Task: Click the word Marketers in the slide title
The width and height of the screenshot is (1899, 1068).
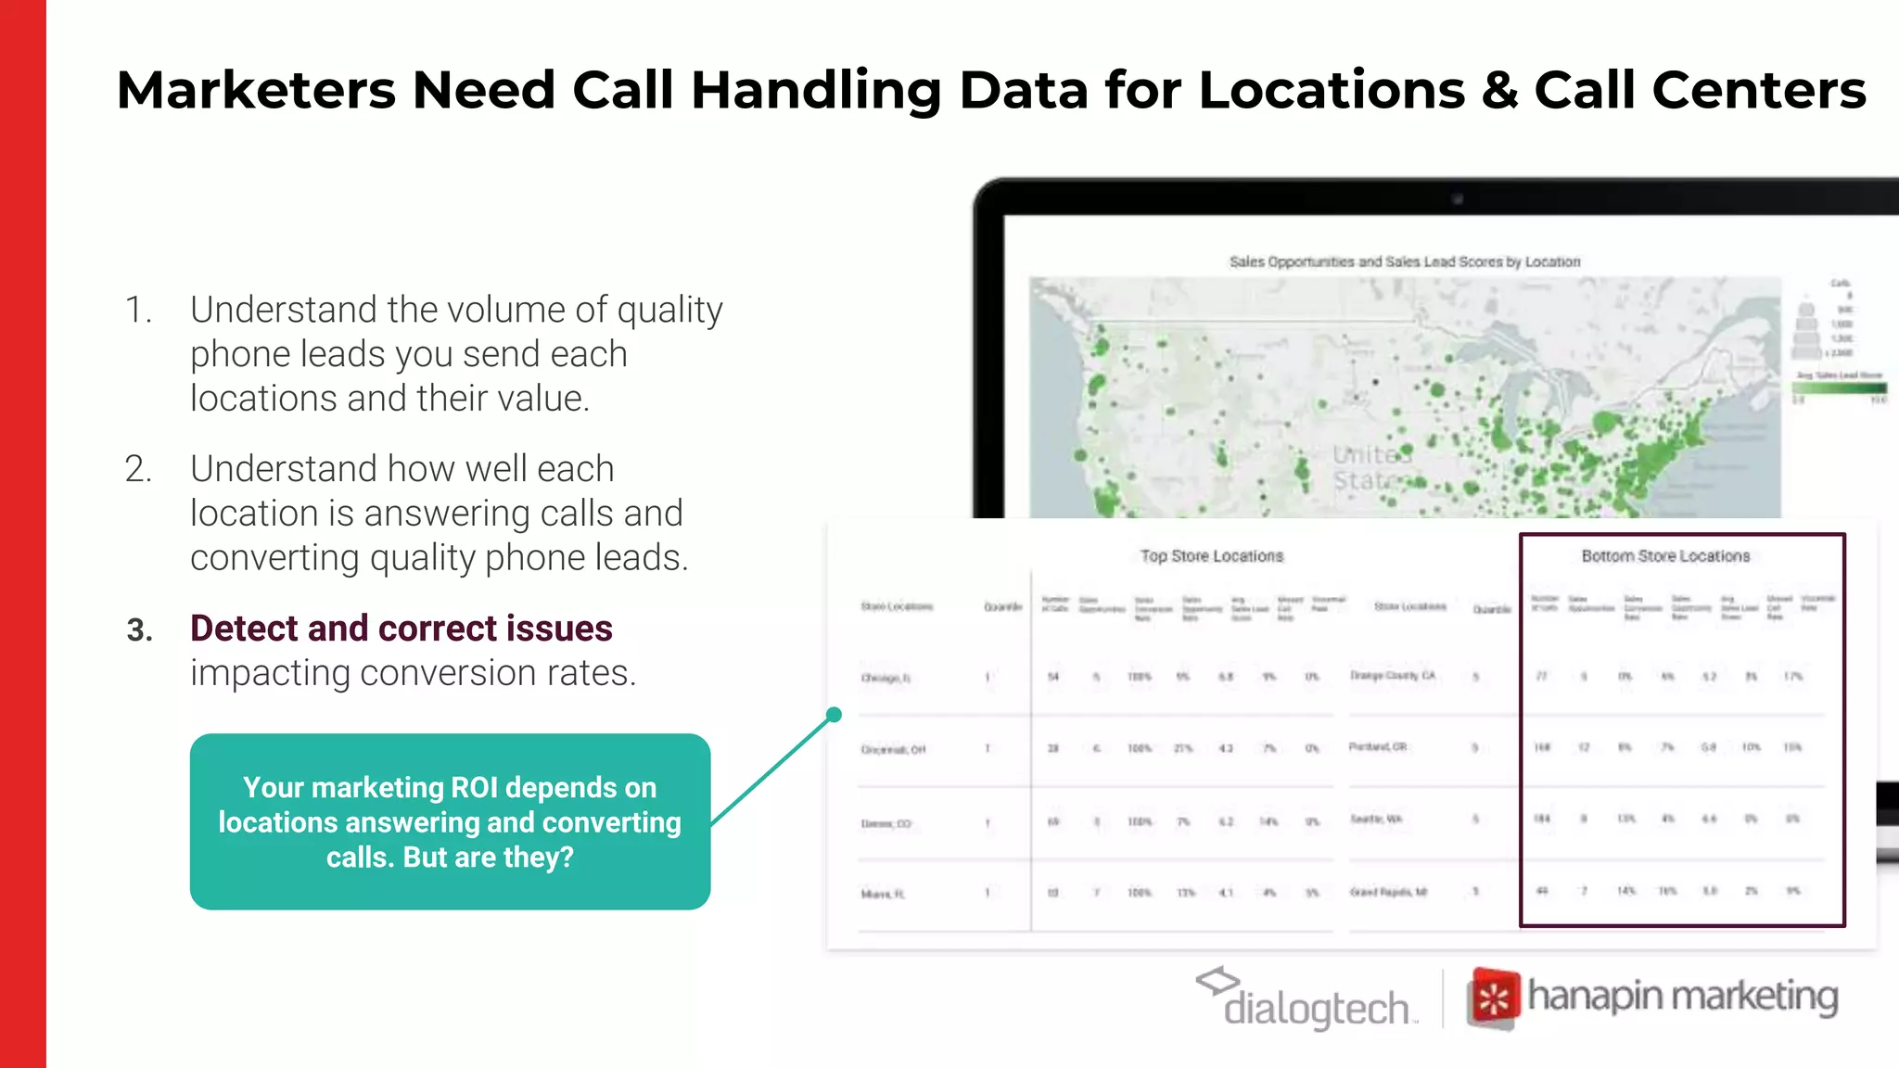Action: click(x=256, y=91)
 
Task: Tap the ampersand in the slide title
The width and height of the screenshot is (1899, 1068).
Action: click(x=1498, y=91)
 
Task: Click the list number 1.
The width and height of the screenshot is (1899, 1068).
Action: click(x=138, y=310)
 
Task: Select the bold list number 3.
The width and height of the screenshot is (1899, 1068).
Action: click(x=139, y=630)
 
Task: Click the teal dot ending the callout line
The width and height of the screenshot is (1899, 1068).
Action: click(x=834, y=715)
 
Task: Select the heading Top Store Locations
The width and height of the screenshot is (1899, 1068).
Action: click(x=1211, y=556)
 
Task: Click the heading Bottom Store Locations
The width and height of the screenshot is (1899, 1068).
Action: click(x=1665, y=556)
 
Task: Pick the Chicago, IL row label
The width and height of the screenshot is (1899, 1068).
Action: click(x=886, y=678)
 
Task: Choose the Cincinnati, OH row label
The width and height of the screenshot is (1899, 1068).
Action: click(x=893, y=749)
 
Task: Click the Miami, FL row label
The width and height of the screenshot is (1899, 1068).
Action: click(x=883, y=894)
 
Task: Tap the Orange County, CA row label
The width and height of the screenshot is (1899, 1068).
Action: click(x=1392, y=676)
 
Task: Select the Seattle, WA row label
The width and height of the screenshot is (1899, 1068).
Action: click(x=1376, y=820)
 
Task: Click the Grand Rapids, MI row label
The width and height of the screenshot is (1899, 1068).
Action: click(x=1388, y=892)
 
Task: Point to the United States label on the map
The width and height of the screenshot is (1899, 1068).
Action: click(x=1372, y=468)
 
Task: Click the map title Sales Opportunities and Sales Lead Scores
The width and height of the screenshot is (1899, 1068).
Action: click(x=1404, y=262)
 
